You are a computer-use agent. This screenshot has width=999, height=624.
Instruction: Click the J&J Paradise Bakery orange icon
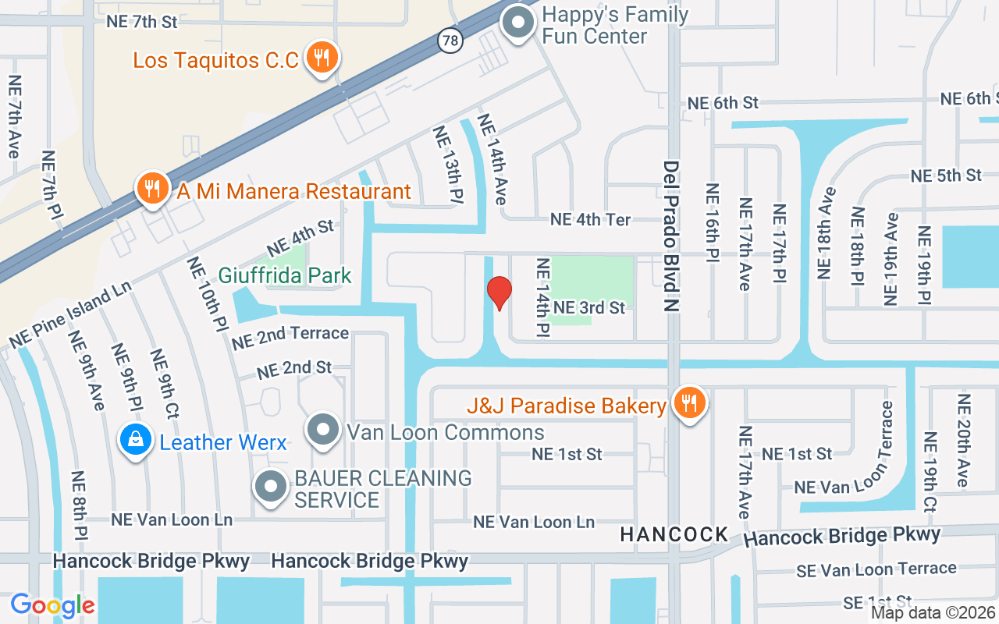tap(689, 403)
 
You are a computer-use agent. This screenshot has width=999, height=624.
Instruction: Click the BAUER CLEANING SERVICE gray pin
tap(271, 487)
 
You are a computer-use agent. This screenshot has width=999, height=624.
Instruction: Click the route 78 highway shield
tap(450, 40)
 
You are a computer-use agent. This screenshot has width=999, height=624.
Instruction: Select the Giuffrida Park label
tap(285, 275)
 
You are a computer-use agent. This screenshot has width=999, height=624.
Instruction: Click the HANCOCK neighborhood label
tap(674, 535)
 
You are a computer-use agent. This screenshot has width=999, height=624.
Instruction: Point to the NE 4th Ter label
tap(590, 220)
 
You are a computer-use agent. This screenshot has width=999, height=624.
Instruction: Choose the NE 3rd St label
tap(589, 308)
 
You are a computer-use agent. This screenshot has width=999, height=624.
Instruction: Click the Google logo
tap(53, 604)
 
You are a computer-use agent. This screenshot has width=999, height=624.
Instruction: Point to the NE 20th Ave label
tap(964, 441)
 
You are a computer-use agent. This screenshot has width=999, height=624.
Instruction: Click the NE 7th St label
tap(142, 21)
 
